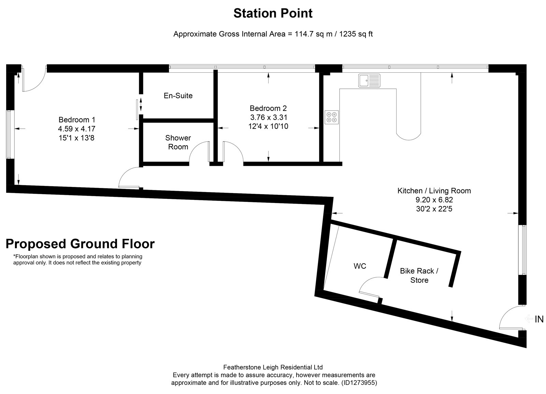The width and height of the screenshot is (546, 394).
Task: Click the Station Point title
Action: [273, 13]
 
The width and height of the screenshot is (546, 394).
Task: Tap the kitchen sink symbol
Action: [369, 81]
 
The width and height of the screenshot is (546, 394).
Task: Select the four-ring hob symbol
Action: [331, 117]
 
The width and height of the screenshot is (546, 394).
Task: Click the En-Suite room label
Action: [178, 96]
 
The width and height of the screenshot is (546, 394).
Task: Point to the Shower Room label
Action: [178, 142]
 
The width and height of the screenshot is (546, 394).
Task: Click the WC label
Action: [360, 266]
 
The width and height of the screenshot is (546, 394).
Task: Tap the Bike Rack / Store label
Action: [419, 275]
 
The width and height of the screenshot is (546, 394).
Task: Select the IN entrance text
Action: [539, 319]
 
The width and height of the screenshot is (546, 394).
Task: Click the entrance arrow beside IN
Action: [529, 319]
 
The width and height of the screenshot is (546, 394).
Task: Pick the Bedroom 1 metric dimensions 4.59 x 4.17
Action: [76, 129]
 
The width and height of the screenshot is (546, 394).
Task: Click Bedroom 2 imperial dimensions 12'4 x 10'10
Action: [268, 126]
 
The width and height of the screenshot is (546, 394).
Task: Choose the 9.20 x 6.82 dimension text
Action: [434, 200]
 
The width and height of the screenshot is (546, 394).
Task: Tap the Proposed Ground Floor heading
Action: [80, 244]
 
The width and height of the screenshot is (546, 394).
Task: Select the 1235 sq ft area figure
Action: [356, 34]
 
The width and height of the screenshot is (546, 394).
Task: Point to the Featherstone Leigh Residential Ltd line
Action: [273, 367]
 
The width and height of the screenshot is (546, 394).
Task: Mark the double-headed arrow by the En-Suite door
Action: [141, 104]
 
